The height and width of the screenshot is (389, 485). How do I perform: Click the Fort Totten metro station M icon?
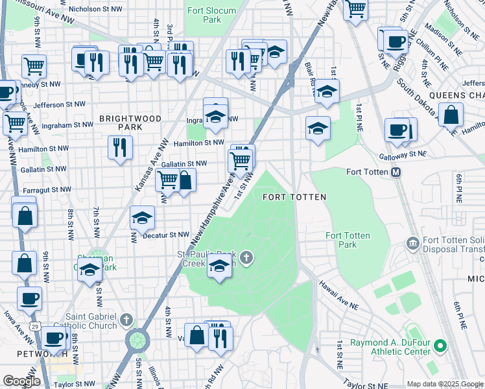pos(395,172)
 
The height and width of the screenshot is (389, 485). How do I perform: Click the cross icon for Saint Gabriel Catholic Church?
pos(126,320)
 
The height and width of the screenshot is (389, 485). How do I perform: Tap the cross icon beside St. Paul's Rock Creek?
pos(246,259)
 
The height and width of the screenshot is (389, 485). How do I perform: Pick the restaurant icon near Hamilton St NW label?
pos(120,147)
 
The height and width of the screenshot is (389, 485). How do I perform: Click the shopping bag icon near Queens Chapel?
pos(451,115)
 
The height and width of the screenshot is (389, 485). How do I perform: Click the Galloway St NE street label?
pos(403,154)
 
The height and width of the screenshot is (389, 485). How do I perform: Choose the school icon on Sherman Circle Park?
pos(90,270)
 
